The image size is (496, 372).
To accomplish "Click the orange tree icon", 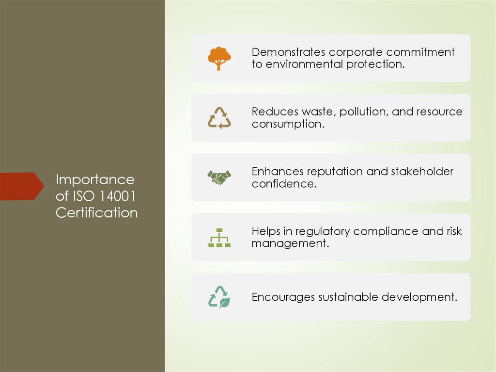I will (x=219, y=58).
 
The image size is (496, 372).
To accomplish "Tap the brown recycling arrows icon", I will (x=219, y=118).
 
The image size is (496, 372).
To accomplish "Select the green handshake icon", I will (x=219, y=178).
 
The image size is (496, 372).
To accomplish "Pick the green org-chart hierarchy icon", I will (x=219, y=237).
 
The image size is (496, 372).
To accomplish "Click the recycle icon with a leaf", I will (x=219, y=297).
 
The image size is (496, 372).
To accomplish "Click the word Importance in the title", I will (x=95, y=180).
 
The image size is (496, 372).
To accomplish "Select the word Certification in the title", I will (x=96, y=213).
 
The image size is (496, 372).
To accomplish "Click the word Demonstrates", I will (x=288, y=52).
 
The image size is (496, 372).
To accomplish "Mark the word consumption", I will (x=287, y=124).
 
